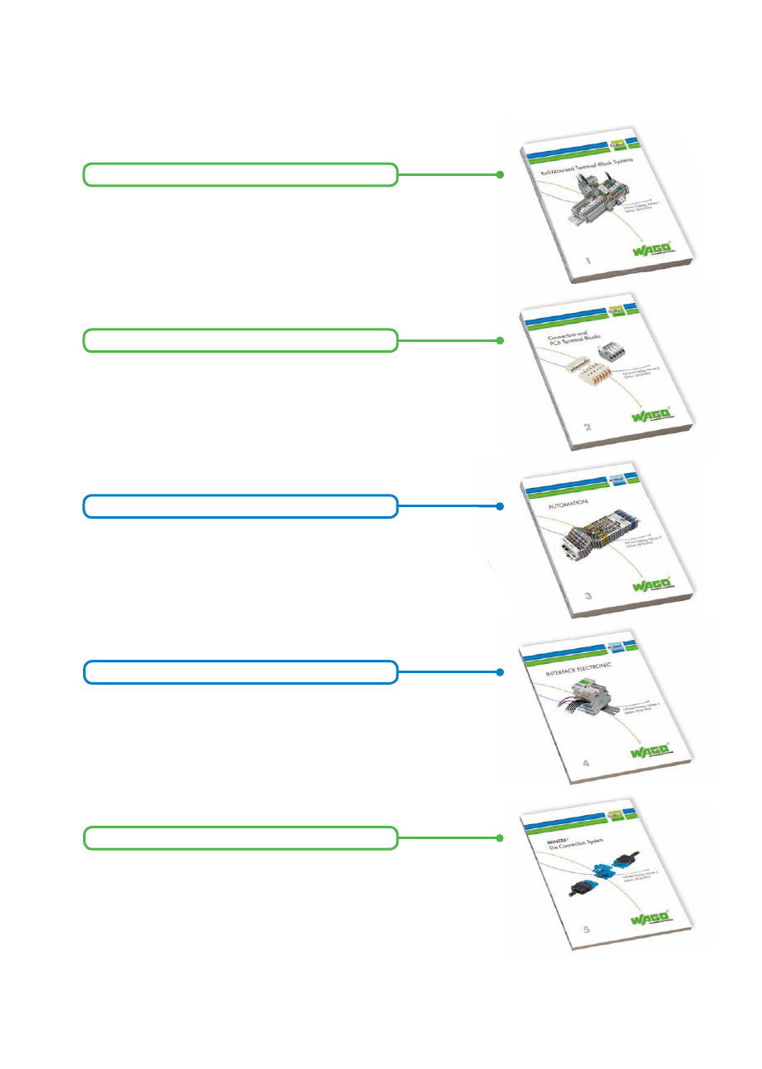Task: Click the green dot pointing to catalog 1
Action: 500,174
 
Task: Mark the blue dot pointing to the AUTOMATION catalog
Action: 500,506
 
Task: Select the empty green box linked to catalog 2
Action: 240,340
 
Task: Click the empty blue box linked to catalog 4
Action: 240,672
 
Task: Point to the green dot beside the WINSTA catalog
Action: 500,838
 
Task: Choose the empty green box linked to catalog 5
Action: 240,838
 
